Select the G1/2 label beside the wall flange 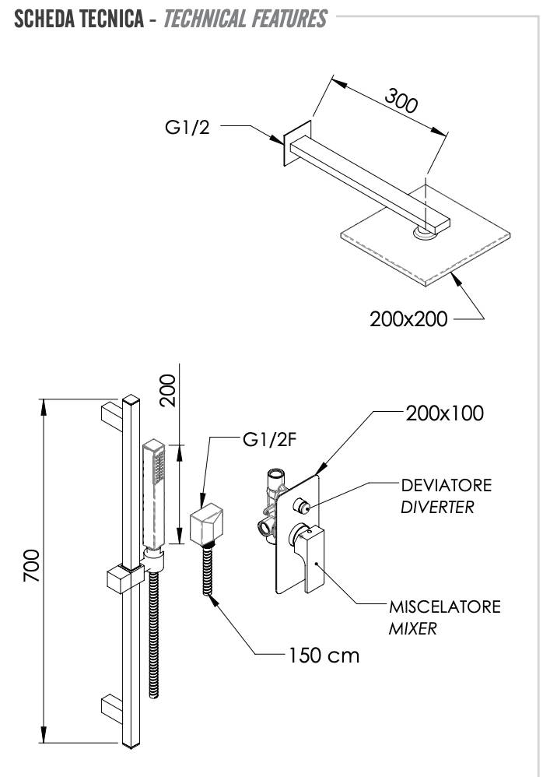tap(187, 127)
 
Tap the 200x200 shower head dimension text tap(408, 318)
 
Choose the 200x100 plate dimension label tap(444, 413)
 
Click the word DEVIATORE tap(446, 485)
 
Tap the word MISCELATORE tap(445, 606)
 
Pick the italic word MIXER tap(412, 628)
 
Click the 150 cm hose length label tap(324, 655)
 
